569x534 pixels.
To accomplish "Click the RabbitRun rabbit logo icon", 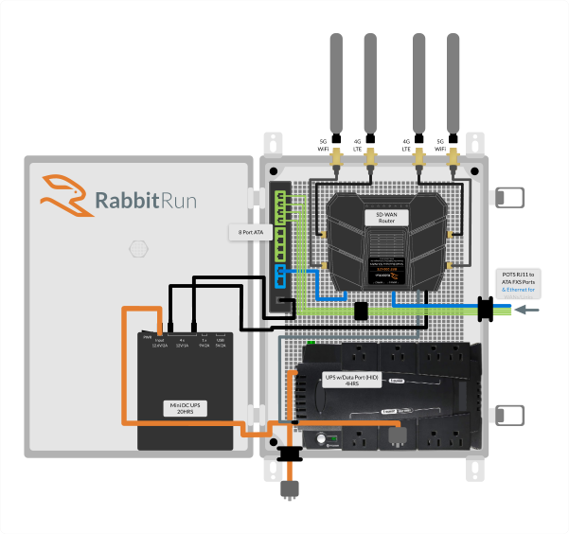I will pyautogui.click(x=63, y=193).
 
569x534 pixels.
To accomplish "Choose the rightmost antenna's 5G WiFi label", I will pyautogui.click(x=465, y=145).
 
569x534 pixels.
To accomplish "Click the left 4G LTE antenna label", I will pyautogui.click(x=357, y=145).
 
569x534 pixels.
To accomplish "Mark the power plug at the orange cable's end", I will pyautogui.click(x=289, y=489).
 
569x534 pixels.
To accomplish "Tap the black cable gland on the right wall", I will pyautogui.click(x=487, y=309).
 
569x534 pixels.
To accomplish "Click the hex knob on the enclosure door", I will pyautogui.click(x=139, y=249).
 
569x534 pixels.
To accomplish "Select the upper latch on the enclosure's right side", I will pyautogui.click(x=511, y=197).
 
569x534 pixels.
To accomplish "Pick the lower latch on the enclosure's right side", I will pyautogui.click(x=511, y=415).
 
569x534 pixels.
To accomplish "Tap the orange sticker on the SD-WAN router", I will pyautogui.click(x=384, y=276).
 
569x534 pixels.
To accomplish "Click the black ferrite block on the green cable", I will pyautogui.click(x=360, y=311).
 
